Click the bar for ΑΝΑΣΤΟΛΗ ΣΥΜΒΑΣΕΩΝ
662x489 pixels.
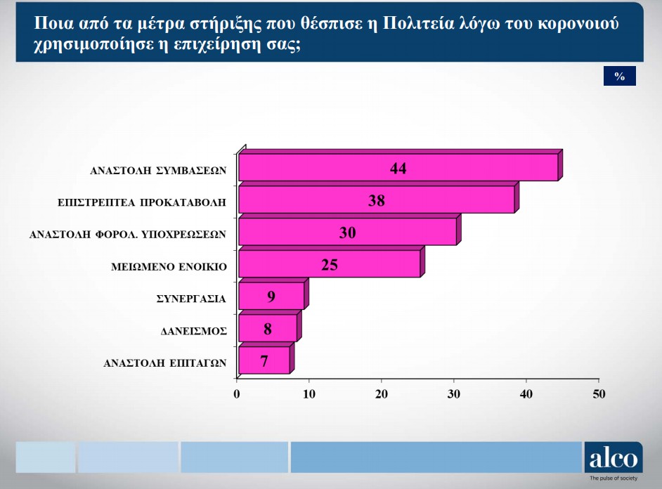pos(398,167)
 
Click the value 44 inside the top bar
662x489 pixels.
pos(398,169)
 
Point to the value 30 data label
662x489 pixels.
pos(347,233)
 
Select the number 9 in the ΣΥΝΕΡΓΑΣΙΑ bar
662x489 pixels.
pos(271,296)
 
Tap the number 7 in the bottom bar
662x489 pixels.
pos(264,361)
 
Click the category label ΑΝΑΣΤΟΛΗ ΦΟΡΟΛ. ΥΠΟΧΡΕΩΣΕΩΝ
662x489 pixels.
pos(128,235)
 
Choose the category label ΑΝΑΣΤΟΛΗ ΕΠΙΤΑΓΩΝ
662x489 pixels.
pos(165,363)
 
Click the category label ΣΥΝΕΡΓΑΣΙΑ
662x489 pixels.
pos(191,299)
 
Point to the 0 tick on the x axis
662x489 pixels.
pos(236,394)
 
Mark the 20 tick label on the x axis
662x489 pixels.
pos(381,394)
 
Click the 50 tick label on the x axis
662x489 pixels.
pos(599,394)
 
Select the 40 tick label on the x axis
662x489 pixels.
pos(526,394)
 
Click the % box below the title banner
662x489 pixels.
pos(619,76)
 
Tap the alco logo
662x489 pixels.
pos(614,458)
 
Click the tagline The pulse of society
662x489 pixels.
pos(614,478)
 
